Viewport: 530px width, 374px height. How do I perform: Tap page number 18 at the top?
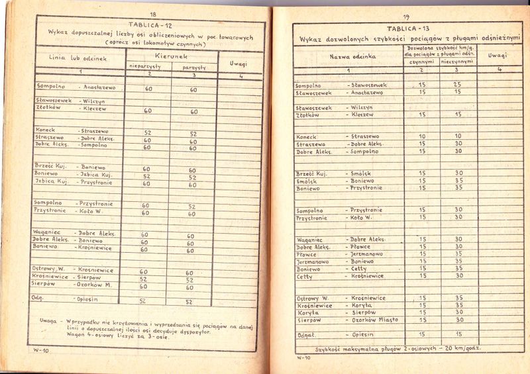click(x=153, y=14)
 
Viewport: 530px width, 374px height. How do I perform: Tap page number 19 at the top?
click(x=406, y=17)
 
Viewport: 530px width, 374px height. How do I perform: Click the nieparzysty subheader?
click(x=148, y=67)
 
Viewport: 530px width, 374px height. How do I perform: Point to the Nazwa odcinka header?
click(x=352, y=57)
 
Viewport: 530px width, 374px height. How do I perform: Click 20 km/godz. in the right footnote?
click(x=461, y=348)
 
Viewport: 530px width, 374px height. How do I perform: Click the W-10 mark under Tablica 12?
click(x=42, y=350)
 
